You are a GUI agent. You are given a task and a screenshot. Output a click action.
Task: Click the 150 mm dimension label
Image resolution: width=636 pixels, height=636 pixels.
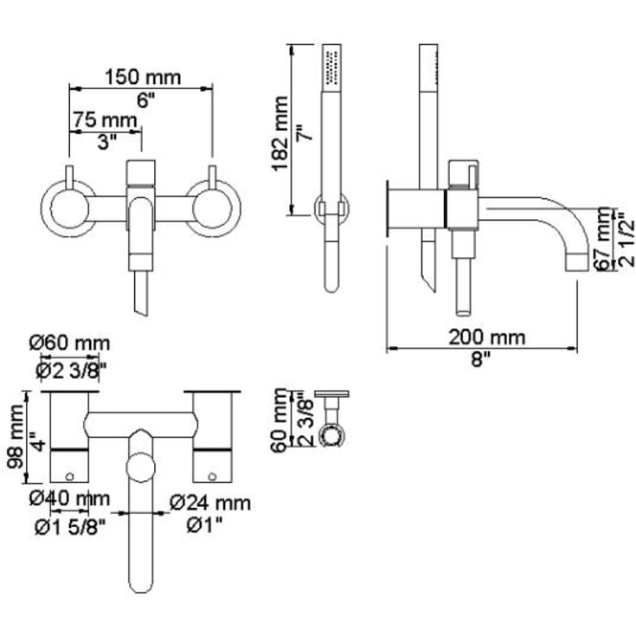click(143, 77)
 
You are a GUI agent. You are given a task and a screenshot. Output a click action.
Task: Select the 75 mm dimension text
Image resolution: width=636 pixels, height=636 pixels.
click(105, 120)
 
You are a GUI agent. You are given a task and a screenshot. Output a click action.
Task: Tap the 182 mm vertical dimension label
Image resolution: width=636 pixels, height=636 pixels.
click(279, 134)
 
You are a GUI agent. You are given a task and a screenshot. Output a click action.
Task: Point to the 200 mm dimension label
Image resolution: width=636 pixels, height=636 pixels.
click(486, 337)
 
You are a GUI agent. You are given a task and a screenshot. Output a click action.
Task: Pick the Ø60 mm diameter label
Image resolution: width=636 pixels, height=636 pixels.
click(69, 344)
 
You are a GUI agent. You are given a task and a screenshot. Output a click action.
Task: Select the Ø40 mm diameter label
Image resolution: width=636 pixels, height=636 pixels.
click(69, 498)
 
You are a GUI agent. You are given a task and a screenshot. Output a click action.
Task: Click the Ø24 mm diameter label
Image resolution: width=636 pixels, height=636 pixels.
click(210, 503)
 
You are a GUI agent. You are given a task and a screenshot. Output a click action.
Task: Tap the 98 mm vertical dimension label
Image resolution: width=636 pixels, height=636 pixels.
click(16, 436)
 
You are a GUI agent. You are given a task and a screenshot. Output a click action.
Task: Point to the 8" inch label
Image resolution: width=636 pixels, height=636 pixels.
click(481, 359)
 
